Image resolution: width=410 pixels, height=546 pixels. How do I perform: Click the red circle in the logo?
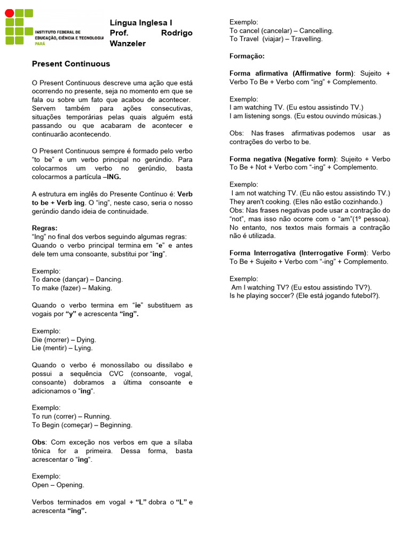(x=9, y=13)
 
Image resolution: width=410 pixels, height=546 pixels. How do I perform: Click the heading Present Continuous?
(x=71, y=64)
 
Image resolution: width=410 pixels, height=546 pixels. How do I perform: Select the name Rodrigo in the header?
(x=177, y=33)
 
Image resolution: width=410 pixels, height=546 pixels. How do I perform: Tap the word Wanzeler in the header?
(x=127, y=43)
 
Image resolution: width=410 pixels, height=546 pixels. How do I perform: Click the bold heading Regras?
(x=45, y=228)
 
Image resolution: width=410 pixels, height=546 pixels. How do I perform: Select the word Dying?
(x=86, y=340)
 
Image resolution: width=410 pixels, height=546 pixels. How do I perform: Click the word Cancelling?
(x=316, y=31)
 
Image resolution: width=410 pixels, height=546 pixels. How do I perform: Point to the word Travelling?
(x=306, y=39)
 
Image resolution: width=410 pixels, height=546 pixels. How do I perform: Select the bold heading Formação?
(x=247, y=56)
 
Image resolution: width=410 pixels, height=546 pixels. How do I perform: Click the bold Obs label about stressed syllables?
(x=39, y=443)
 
